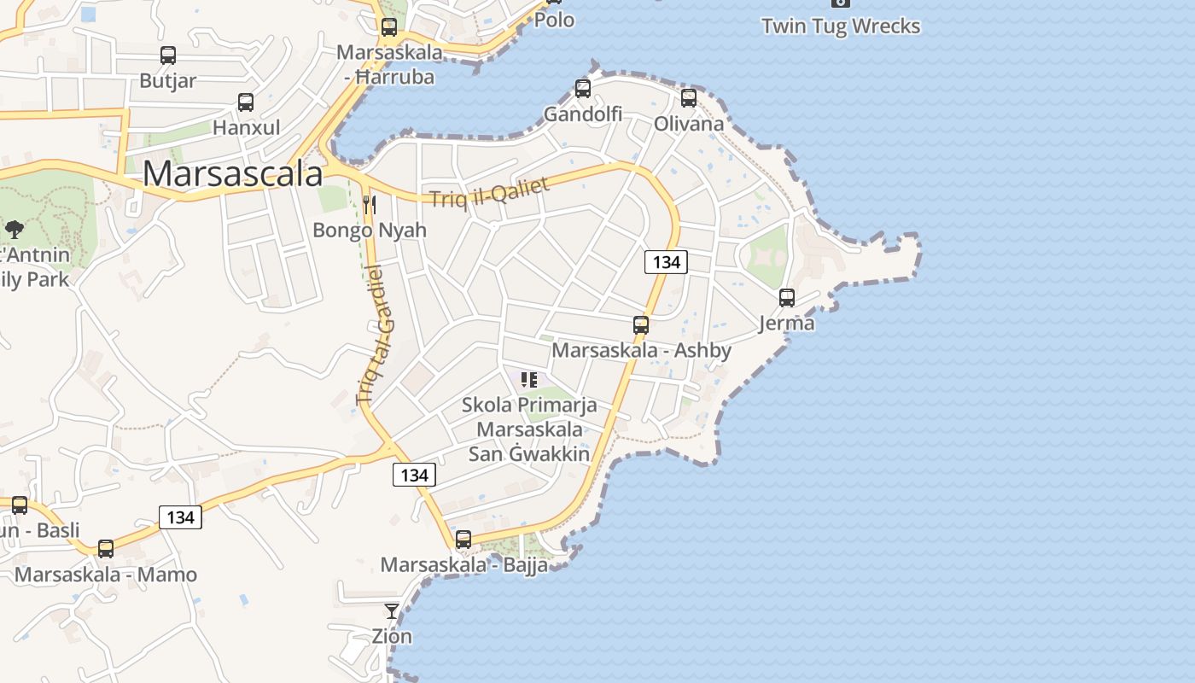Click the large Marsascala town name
coord(232,173)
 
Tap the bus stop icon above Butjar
coord(168,55)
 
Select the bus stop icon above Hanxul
coord(246,102)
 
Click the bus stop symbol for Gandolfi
coord(583,88)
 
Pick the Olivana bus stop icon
coord(689,97)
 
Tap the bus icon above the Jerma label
coord(787,297)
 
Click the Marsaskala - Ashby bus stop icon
coord(641,324)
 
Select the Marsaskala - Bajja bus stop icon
coord(463,539)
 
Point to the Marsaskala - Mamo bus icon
coord(106,548)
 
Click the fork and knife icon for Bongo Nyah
coord(370,204)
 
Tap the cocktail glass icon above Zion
coord(392,610)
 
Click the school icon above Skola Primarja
coord(529,379)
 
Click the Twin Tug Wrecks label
coord(841,26)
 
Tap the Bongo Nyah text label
coord(370,230)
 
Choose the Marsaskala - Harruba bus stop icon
coord(389,26)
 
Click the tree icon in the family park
coord(14,229)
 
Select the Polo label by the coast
coord(554,20)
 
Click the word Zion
coord(392,636)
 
